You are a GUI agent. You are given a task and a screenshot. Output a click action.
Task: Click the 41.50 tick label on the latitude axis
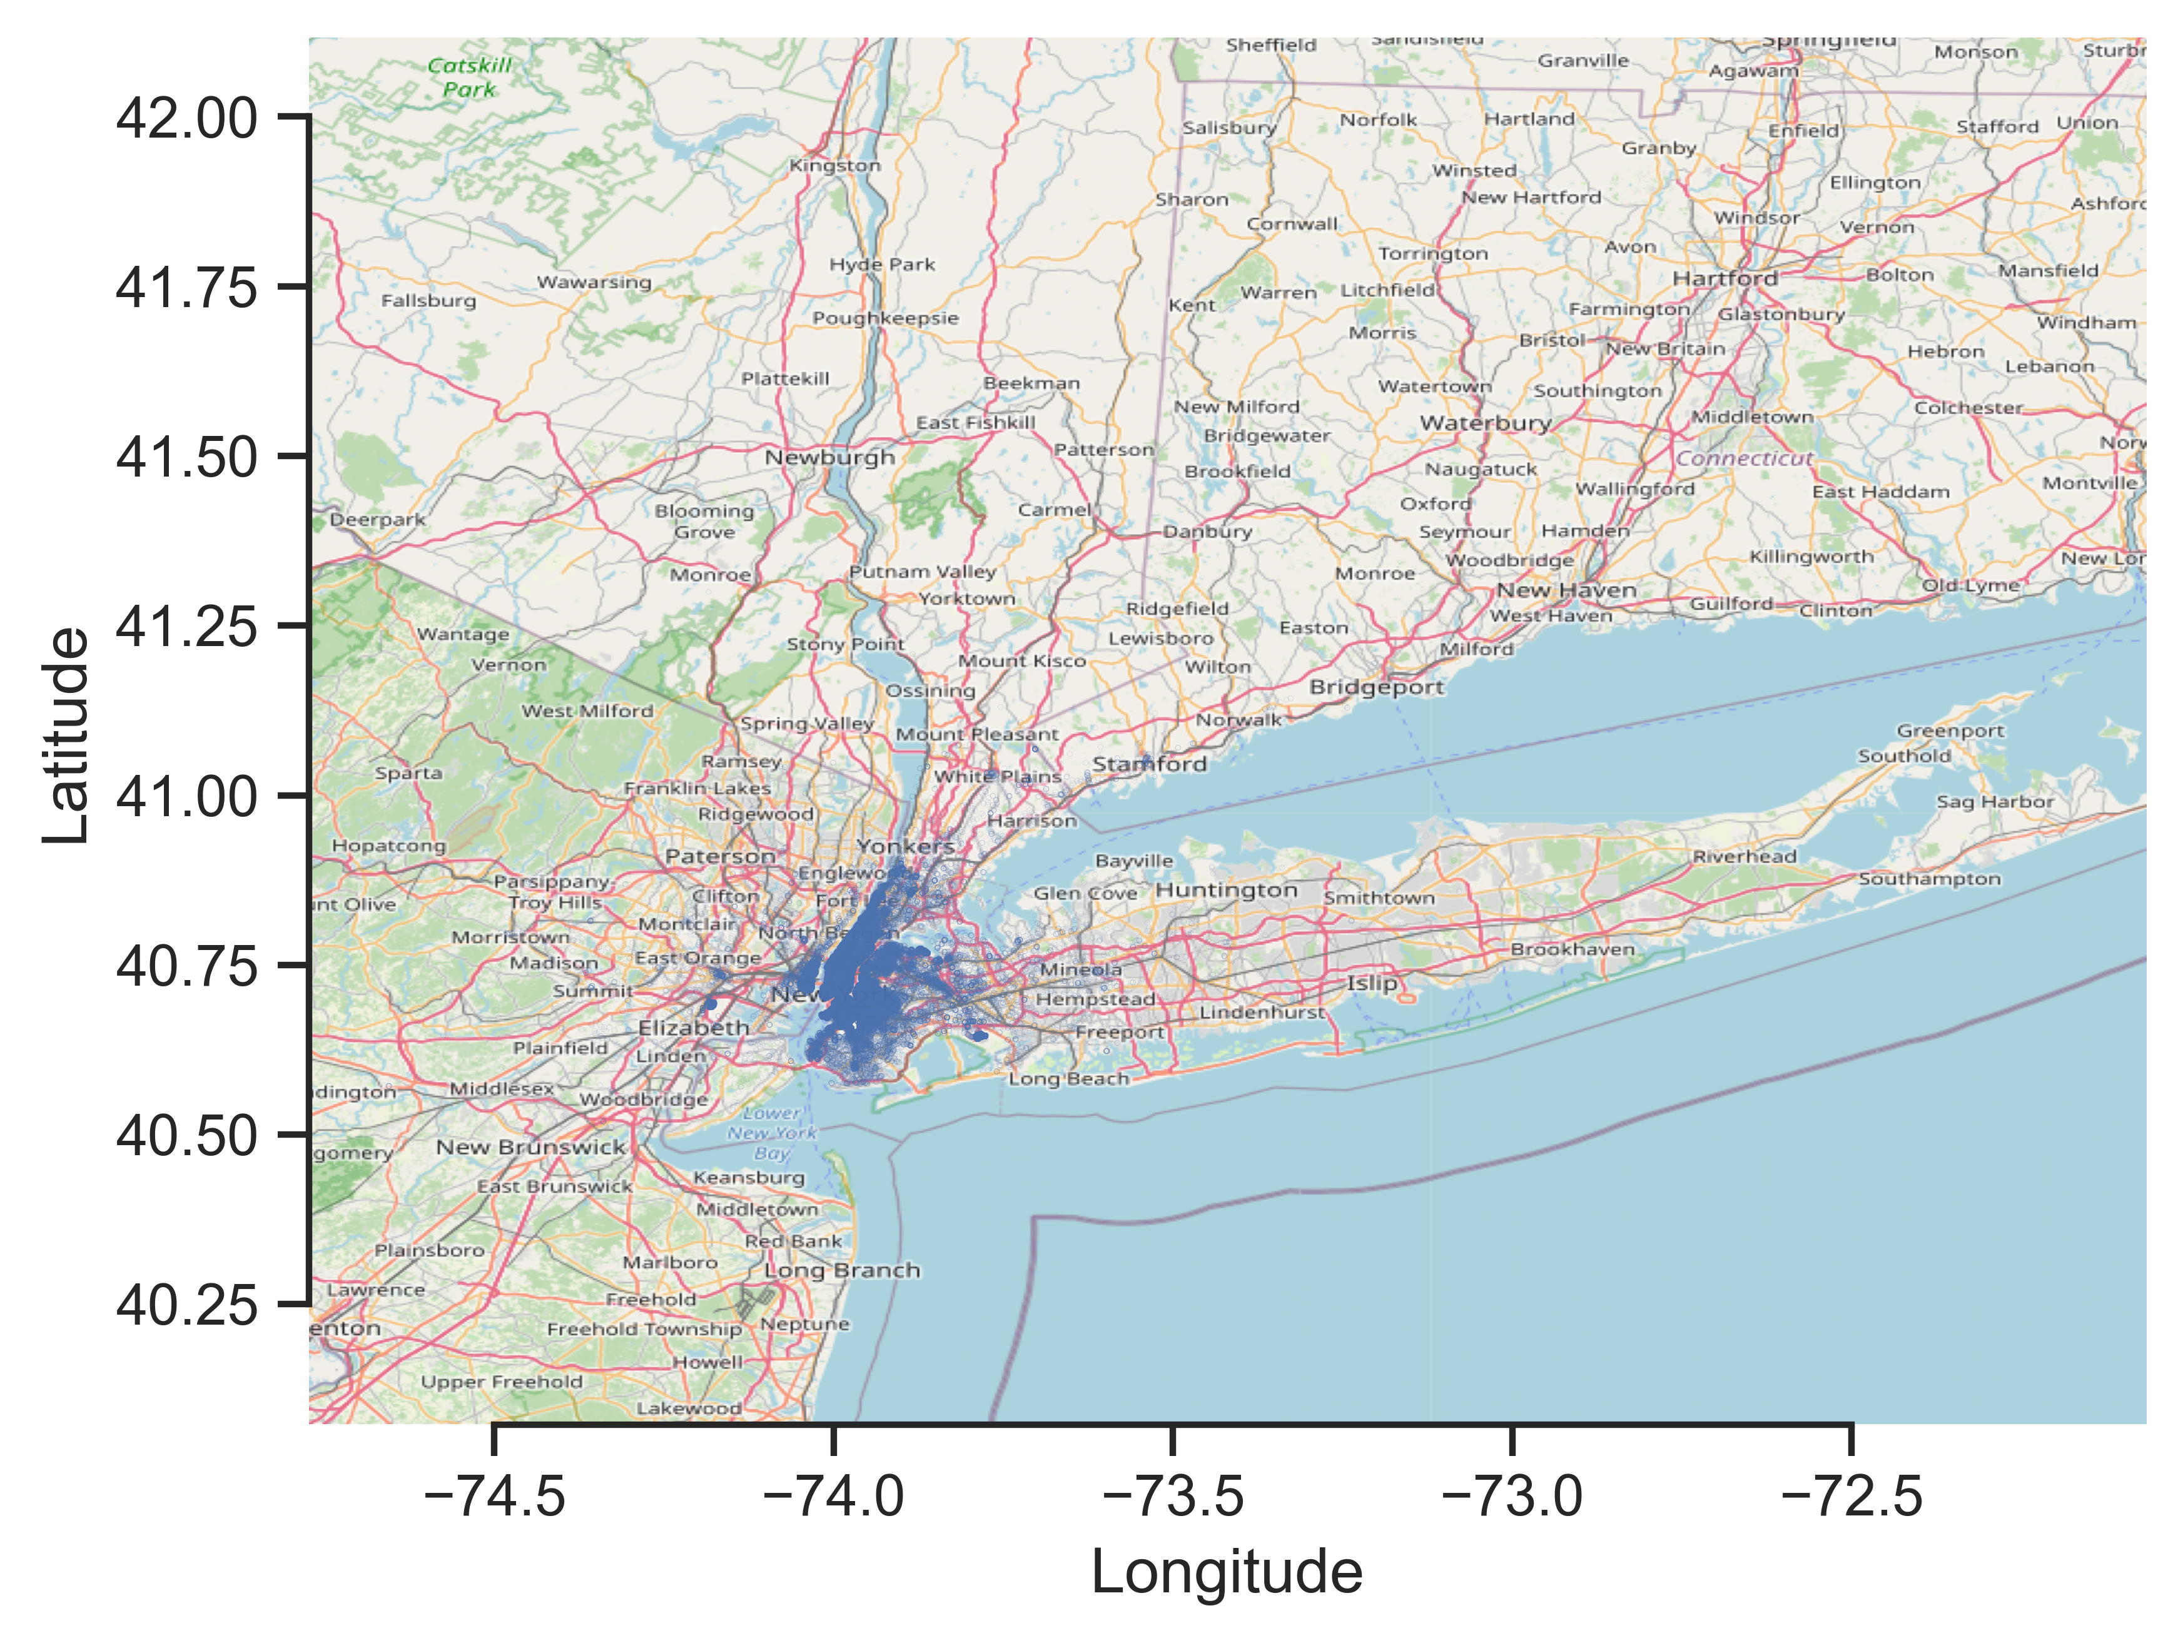pos(186,458)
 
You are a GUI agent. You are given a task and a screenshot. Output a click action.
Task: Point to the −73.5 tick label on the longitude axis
pos(1172,1496)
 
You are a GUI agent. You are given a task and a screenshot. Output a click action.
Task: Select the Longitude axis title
pos(1226,1571)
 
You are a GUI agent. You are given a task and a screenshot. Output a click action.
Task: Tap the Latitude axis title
pos(67,735)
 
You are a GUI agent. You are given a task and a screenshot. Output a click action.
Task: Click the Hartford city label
pos(1724,280)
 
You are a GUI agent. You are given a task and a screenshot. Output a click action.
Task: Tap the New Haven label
pos(1566,590)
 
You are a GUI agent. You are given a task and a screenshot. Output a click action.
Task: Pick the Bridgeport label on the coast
pos(1375,687)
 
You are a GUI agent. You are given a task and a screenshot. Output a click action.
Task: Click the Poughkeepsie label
pos(885,318)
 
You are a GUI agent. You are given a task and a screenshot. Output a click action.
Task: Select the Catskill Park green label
pos(470,77)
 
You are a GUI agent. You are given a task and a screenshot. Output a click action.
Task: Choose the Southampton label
pos(1930,878)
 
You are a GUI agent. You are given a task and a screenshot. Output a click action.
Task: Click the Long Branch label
pos(842,1270)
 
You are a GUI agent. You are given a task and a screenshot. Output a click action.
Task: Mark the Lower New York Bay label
pos(772,1133)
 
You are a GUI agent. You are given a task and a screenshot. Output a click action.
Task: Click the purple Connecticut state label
pos(1744,458)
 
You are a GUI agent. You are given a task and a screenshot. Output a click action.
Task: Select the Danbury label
pos(1207,531)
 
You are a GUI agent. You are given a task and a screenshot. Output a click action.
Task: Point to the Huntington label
pos(1226,890)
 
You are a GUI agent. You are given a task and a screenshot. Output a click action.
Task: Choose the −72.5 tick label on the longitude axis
pos(1851,1496)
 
